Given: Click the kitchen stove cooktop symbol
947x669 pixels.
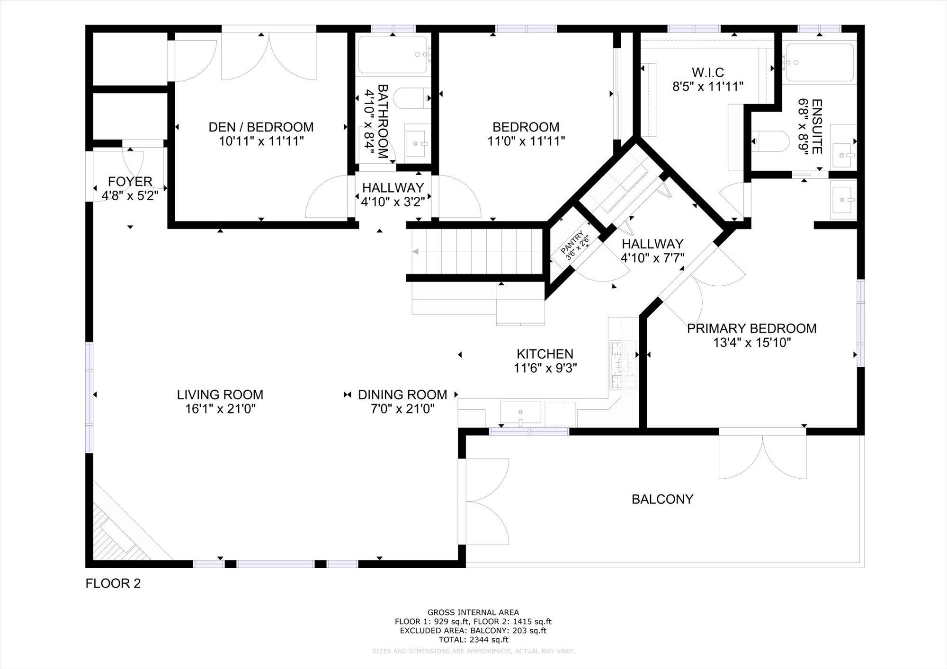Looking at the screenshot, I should (623, 364).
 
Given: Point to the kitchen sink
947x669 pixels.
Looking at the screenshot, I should (520, 412).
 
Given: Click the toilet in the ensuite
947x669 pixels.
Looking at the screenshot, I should (771, 141).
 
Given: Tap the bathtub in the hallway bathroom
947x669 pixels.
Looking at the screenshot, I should (393, 55).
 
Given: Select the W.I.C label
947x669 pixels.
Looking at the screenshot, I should (707, 72).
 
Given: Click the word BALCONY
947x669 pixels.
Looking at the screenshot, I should (662, 499).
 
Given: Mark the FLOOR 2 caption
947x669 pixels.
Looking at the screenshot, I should (113, 583).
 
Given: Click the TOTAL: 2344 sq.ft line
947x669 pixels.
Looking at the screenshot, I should (473, 640).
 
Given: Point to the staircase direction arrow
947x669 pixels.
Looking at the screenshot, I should (415, 252).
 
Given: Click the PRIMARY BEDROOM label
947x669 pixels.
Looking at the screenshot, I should (751, 328).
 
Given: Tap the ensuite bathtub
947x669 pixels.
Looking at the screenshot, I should (819, 62).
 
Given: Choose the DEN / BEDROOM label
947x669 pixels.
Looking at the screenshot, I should (261, 127).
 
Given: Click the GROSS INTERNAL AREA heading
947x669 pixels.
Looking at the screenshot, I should (473, 612).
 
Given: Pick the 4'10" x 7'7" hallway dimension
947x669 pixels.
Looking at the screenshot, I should (652, 258).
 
